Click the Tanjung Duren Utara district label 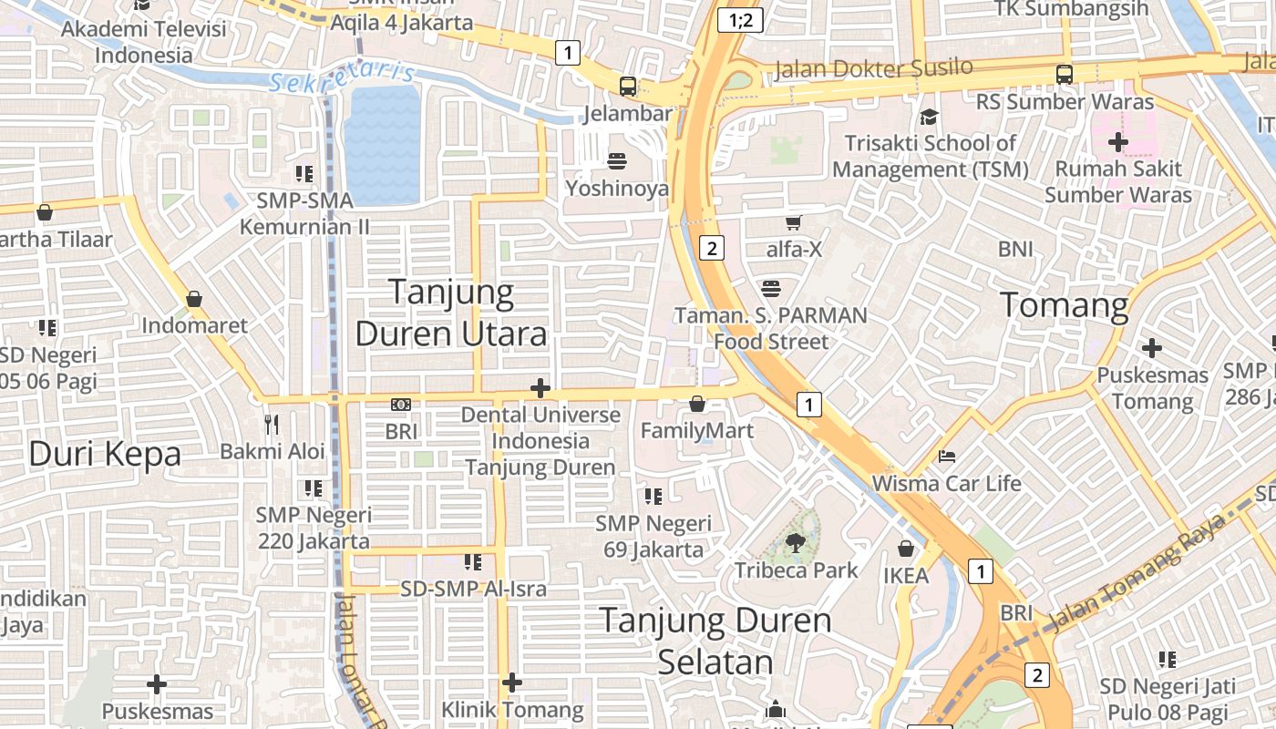point(451,313)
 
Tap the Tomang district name point(1065,304)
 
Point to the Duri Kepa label point(105,453)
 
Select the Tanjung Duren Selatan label point(715,641)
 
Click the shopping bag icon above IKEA point(906,548)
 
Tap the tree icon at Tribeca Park point(796,543)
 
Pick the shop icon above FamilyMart point(697,403)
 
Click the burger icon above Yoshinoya point(617,161)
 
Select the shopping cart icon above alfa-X point(794,221)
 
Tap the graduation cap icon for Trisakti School point(929,117)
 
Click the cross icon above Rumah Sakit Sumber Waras point(1118,142)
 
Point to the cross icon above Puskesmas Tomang point(1152,348)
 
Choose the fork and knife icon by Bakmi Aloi point(272,424)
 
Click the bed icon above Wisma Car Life point(947,456)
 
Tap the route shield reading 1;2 point(740,20)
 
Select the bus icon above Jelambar point(628,87)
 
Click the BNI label point(1015,249)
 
